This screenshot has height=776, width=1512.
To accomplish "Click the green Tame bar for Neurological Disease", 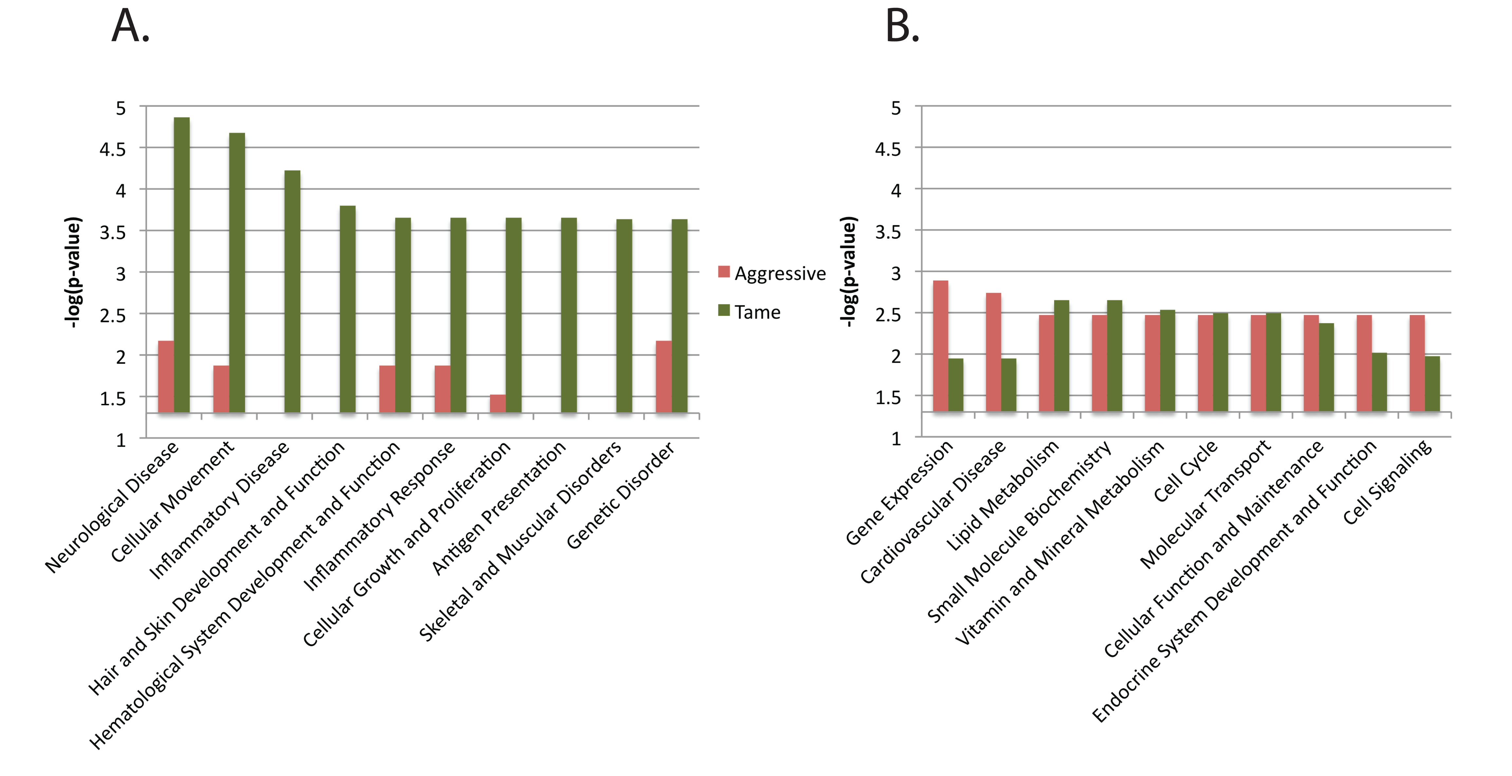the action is tap(181, 265).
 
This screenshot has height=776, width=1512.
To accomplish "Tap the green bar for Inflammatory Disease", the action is tap(292, 292).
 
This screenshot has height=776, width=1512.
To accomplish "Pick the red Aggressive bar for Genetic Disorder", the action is tap(664, 377).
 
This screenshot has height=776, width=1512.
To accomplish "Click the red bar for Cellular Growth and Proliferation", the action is tap(498, 404).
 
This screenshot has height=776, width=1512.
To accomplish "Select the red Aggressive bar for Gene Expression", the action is tap(940, 346).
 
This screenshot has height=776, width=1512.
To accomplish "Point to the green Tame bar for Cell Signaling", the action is tap(1432, 384).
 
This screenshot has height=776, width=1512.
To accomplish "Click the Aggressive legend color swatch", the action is tap(724, 272).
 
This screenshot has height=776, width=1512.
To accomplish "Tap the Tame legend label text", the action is tap(757, 312).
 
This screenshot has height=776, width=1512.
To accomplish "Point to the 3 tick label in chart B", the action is tap(896, 273).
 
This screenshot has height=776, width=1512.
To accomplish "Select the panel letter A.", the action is tap(130, 26).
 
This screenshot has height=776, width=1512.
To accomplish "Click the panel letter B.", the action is tap(902, 26).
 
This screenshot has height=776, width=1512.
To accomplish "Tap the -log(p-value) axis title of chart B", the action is tap(849, 272).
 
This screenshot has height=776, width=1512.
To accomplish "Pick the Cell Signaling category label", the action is tap(1387, 482).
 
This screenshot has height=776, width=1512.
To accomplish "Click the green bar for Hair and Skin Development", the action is tap(348, 309).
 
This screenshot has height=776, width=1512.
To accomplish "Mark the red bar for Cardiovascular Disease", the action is tap(993, 352).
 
